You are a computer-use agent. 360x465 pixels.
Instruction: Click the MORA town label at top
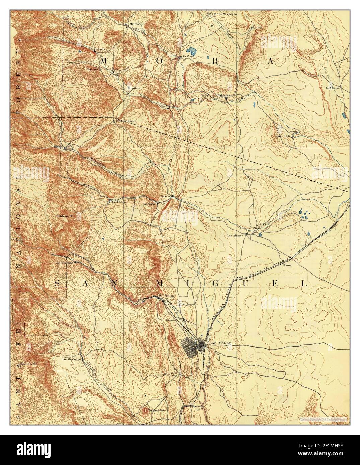(x=132, y=25)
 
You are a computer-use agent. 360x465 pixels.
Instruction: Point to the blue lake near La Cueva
(x=191, y=51)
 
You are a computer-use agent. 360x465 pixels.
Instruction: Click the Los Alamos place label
(x=235, y=235)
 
